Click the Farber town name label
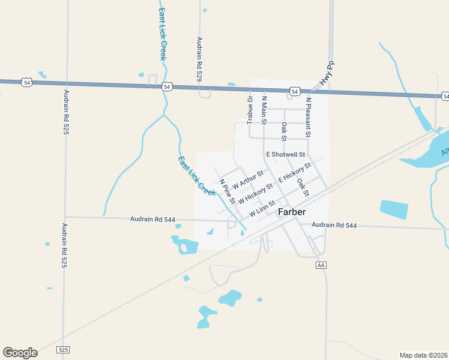coord(292,212)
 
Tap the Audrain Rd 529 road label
coord(199,59)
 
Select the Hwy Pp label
coord(327,73)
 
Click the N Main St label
coord(264,109)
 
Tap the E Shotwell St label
coord(286,155)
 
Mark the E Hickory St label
coord(294,173)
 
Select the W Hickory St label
coord(256,193)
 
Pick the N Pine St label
coord(227,191)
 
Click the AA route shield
coord(321,265)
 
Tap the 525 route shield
coord(64,349)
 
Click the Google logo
coord(20,353)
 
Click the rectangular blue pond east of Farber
coord(393,209)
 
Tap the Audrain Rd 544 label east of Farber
coord(334,226)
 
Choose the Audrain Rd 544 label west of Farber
coord(152,220)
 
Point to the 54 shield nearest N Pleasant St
coord(294,91)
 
